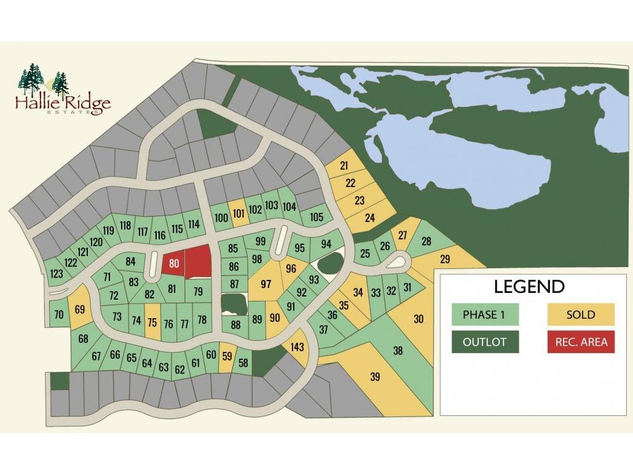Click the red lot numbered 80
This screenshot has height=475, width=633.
coord(174,264)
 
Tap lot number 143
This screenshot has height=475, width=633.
coord(297,347)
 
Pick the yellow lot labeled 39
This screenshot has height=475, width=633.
coord(375,377)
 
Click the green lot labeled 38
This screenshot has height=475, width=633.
coord(398,351)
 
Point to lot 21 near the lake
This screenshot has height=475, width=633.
coord(344,166)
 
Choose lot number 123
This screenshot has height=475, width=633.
coord(57,274)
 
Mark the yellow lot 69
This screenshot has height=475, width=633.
coord(79,309)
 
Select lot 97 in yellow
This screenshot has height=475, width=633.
coord(266,284)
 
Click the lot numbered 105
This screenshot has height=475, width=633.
coord(316,217)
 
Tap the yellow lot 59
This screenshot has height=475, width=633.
coord(227,355)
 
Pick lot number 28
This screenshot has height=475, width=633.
coord(426,241)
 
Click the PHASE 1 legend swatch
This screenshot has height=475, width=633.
coord(484,314)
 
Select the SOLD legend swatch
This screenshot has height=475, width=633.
coord(581,314)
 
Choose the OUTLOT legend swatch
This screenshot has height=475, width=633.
coord(484,342)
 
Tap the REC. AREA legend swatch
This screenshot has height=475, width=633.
coord(581,342)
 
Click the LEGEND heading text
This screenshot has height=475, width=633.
coord(529,286)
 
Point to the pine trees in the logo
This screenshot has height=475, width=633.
coord(43,81)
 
